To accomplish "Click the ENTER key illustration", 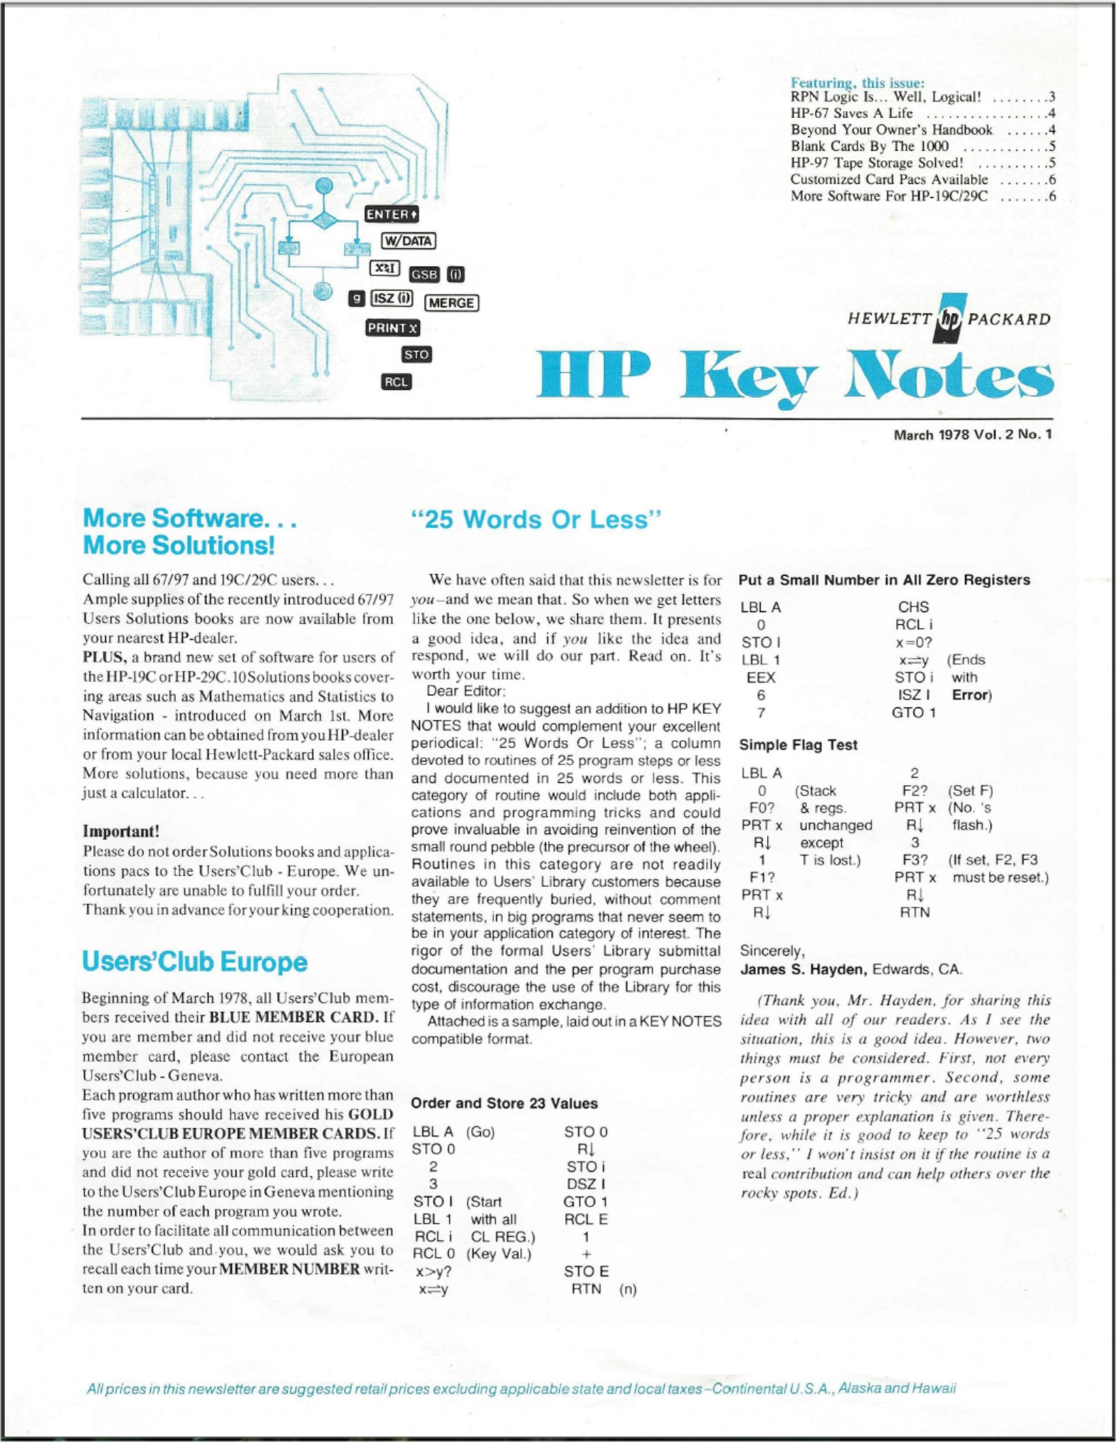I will [391, 214].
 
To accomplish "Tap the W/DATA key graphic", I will [408, 241].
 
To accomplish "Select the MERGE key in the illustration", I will [451, 302].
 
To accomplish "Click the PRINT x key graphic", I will [392, 328].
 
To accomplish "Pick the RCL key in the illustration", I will [396, 382].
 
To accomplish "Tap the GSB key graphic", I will [424, 275].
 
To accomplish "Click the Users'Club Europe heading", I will [195, 962].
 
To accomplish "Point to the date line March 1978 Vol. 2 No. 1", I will [972, 434].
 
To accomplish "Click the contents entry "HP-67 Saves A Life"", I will [851, 113].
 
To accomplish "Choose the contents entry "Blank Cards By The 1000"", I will [869, 146].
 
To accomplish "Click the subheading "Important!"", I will [121, 831].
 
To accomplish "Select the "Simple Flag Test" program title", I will [798, 744].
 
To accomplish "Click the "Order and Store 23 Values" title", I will [504, 1103].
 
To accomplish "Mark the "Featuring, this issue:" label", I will [858, 83].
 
